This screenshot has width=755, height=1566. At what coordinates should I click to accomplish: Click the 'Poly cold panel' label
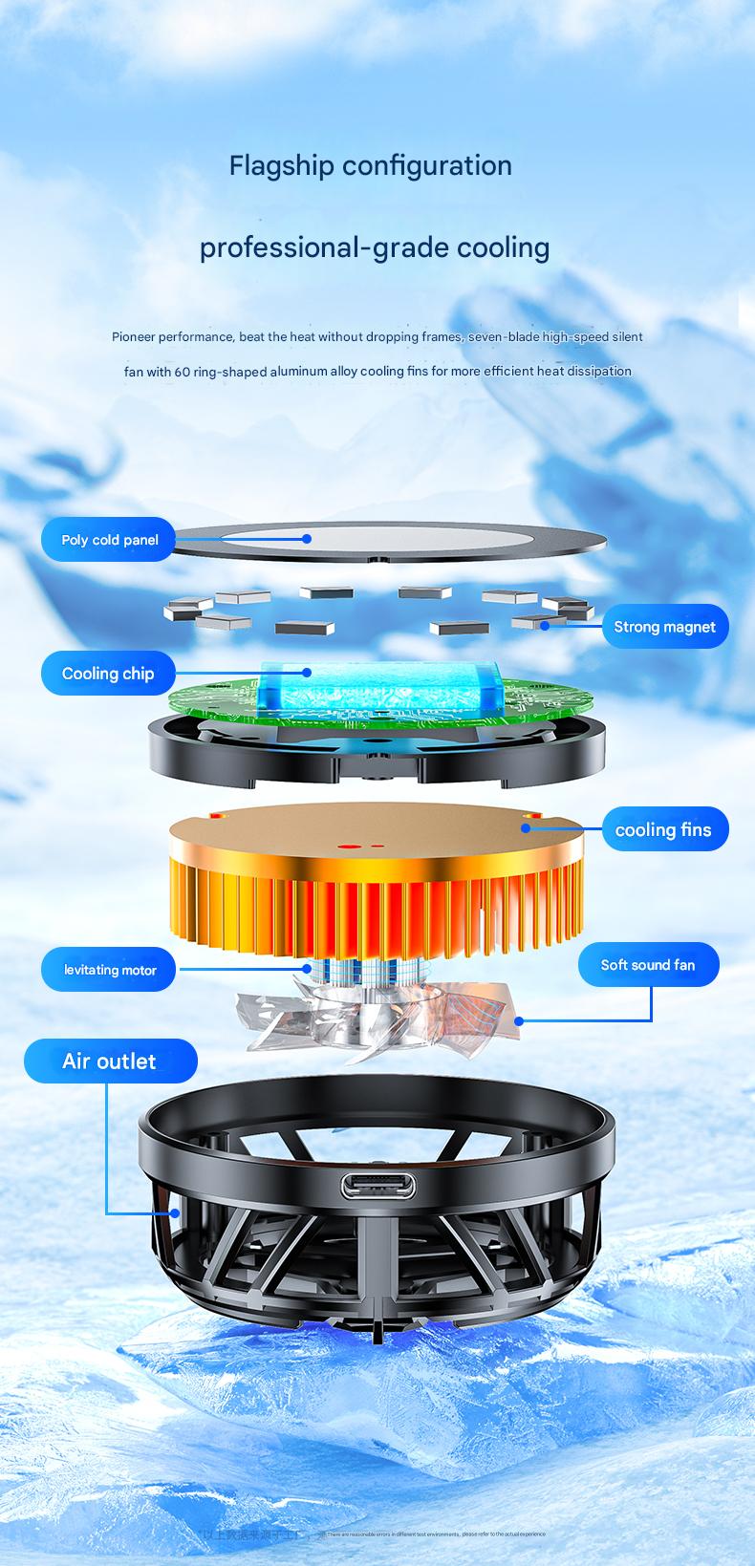tap(109, 540)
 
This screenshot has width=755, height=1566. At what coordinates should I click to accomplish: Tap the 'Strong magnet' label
tap(664, 627)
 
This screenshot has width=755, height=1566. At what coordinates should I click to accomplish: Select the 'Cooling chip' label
tap(107, 674)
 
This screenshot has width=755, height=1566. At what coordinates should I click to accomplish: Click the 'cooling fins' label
tap(663, 829)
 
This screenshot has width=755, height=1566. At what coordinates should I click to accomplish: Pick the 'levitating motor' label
tap(110, 970)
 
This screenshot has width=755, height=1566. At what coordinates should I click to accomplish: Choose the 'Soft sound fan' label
tap(647, 965)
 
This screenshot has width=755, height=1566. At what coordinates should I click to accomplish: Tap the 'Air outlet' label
tap(109, 1062)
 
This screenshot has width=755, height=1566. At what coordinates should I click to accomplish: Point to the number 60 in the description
tap(182, 372)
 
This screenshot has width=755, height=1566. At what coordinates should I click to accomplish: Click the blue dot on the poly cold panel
tap(307, 538)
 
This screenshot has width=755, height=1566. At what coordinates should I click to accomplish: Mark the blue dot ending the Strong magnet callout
tap(544, 626)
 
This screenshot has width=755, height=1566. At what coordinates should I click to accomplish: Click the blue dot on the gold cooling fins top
tap(526, 828)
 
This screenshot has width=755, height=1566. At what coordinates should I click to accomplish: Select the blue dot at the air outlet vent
tap(175, 1213)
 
